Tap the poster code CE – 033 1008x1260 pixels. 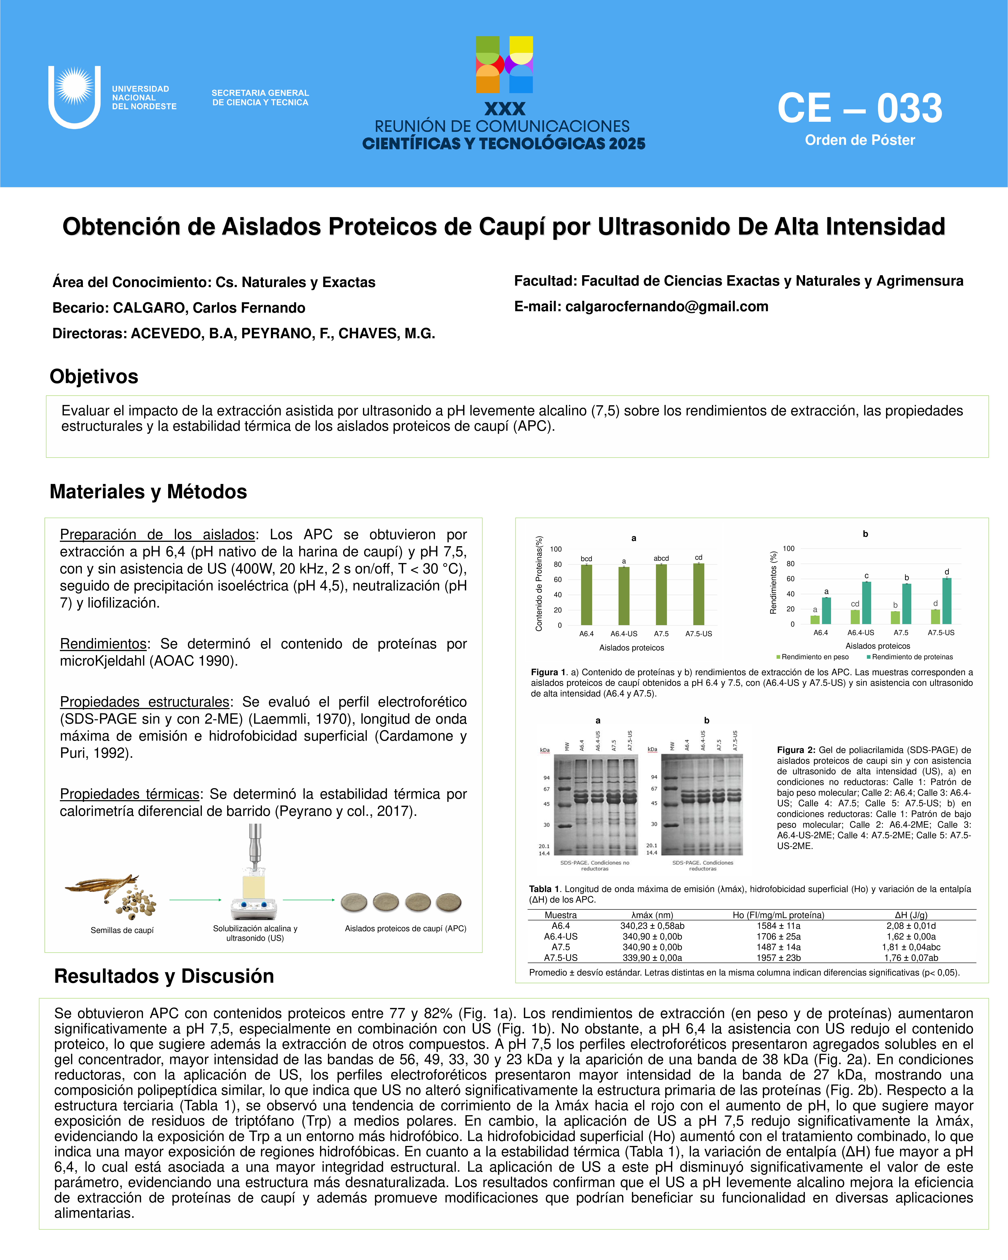(860, 109)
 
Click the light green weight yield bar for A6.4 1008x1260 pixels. (815, 620)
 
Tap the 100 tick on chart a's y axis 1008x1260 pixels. (556, 549)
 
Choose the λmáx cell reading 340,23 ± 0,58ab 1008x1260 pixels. (652, 926)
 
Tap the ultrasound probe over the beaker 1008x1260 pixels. (255, 847)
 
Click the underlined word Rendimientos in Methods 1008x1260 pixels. (103, 644)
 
